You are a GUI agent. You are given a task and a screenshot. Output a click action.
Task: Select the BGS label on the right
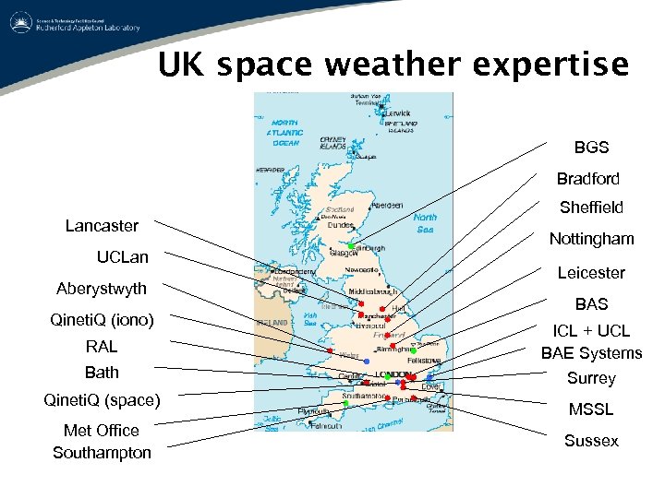pos(591,147)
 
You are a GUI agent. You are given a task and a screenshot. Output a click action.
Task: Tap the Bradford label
pos(587,178)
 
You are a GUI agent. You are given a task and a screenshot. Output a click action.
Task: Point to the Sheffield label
pos(591,207)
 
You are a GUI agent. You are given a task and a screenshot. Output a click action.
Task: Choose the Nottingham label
pos(591,239)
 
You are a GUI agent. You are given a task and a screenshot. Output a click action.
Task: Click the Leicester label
pos(591,273)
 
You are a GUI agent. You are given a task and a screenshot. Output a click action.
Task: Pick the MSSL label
pos(591,409)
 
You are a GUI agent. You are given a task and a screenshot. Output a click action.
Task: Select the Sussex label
pos(591,441)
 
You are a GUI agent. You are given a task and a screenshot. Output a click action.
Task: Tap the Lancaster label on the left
pos(102,226)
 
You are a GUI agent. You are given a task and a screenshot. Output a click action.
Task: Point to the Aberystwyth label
pos(102,289)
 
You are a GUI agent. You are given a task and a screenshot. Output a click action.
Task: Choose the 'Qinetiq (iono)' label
pos(102,320)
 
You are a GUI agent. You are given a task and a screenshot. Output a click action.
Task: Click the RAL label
pos(102,347)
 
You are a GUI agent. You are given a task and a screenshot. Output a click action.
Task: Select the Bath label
pos(102,373)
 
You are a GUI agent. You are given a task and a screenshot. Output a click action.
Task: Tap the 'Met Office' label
pos(102,430)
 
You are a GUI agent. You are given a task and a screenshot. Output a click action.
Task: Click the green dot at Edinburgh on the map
pos(352,244)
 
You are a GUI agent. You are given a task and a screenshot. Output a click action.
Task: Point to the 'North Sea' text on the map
pos(426,223)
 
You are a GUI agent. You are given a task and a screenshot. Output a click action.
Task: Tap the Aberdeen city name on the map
pos(386,205)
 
